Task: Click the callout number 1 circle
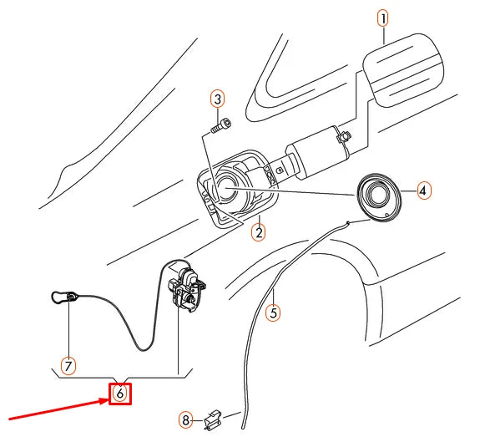click(x=383, y=17)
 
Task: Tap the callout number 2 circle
click(x=259, y=232)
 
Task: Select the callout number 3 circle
click(x=217, y=99)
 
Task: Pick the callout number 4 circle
click(x=423, y=191)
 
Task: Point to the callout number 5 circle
click(x=272, y=313)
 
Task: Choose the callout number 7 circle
click(x=68, y=365)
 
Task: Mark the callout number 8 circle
click(x=187, y=419)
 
